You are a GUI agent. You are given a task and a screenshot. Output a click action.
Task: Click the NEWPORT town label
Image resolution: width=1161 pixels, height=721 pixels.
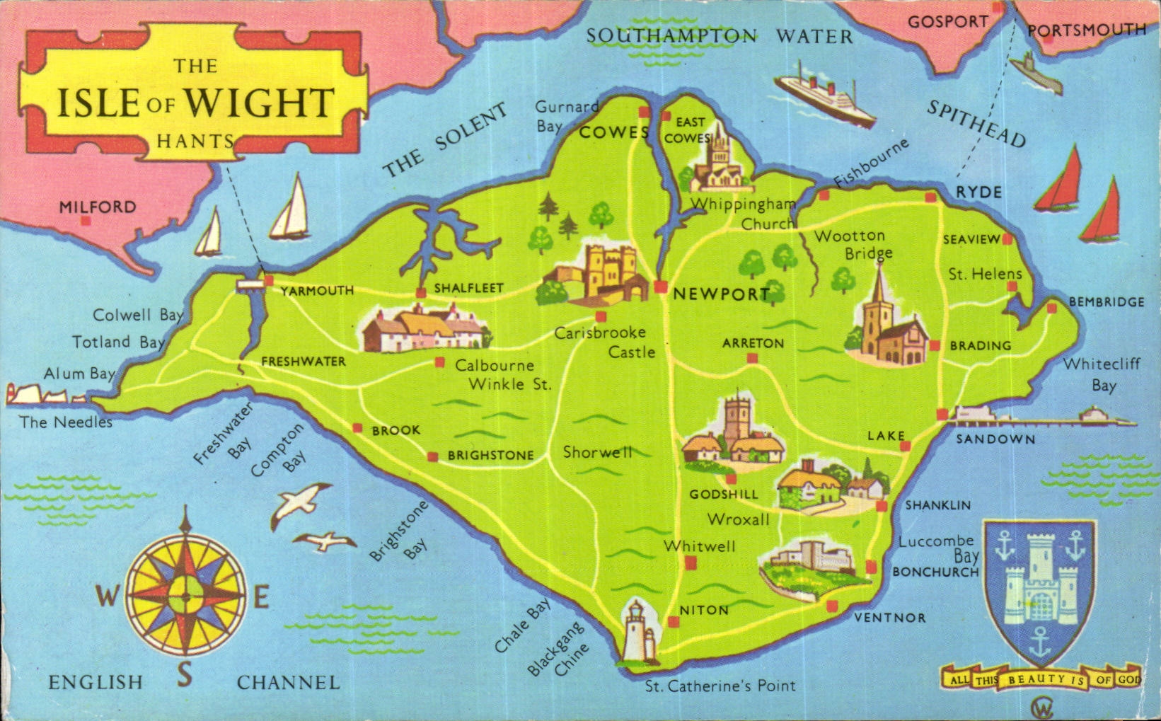[720, 294]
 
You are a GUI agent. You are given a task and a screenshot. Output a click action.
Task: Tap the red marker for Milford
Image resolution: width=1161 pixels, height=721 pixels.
[86, 221]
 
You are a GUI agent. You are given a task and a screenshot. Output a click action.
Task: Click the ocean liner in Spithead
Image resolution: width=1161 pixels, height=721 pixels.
[826, 97]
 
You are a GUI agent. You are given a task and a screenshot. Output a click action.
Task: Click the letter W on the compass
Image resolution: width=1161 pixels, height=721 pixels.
[106, 596]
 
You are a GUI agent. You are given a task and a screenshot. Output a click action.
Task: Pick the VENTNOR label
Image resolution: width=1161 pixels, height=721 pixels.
[889, 618]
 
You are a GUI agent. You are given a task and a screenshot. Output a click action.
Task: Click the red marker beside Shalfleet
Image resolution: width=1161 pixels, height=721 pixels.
[421, 292]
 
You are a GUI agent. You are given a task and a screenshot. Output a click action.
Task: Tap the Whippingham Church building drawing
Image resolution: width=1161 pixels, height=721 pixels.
[719, 163]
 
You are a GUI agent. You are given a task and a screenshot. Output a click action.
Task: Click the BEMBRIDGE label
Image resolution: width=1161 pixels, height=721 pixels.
[1106, 302]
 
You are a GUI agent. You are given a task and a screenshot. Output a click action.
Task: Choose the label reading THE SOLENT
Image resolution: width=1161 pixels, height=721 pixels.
[445, 141]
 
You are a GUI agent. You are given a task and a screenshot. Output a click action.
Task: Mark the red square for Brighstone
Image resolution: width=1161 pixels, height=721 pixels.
[432, 456]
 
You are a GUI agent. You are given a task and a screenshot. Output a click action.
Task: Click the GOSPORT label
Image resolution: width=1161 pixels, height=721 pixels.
[947, 22]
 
